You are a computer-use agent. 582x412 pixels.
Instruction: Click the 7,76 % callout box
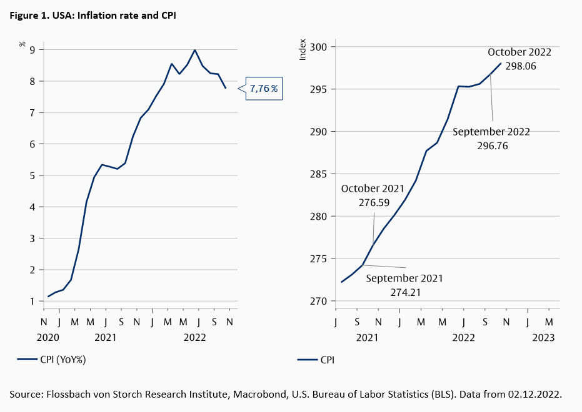point(263,89)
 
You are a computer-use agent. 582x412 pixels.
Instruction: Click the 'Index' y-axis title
point(303,49)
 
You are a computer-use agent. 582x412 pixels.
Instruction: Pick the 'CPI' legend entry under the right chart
point(327,360)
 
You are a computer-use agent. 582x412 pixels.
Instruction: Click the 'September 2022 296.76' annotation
point(491,138)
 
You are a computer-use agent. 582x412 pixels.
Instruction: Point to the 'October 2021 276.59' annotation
point(373,195)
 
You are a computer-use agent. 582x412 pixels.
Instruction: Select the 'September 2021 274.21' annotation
point(404,285)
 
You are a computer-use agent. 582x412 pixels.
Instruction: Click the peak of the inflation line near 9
point(195,50)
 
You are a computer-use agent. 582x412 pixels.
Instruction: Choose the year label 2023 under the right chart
point(543,337)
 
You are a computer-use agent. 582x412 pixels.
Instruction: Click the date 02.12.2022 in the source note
point(535,395)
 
